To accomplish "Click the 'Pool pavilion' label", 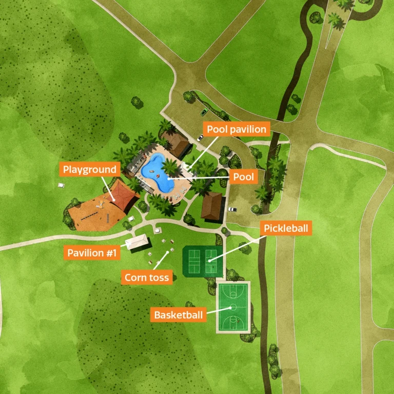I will click(x=236, y=129).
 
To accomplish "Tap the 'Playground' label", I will click(x=90, y=169).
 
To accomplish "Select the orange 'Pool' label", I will click(x=244, y=177).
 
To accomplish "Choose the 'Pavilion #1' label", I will click(x=92, y=252).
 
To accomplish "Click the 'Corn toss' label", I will click(x=147, y=278).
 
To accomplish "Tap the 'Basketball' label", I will click(x=179, y=314).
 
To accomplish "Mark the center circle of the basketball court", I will click(x=233, y=307).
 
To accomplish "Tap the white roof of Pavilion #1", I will click(x=137, y=241).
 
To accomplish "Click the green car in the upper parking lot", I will click(x=204, y=111).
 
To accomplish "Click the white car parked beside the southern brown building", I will click(x=232, y=209).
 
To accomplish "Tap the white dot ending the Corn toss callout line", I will click(x=167, y=252).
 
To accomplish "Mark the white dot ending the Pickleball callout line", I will click(x=210, y=261).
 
